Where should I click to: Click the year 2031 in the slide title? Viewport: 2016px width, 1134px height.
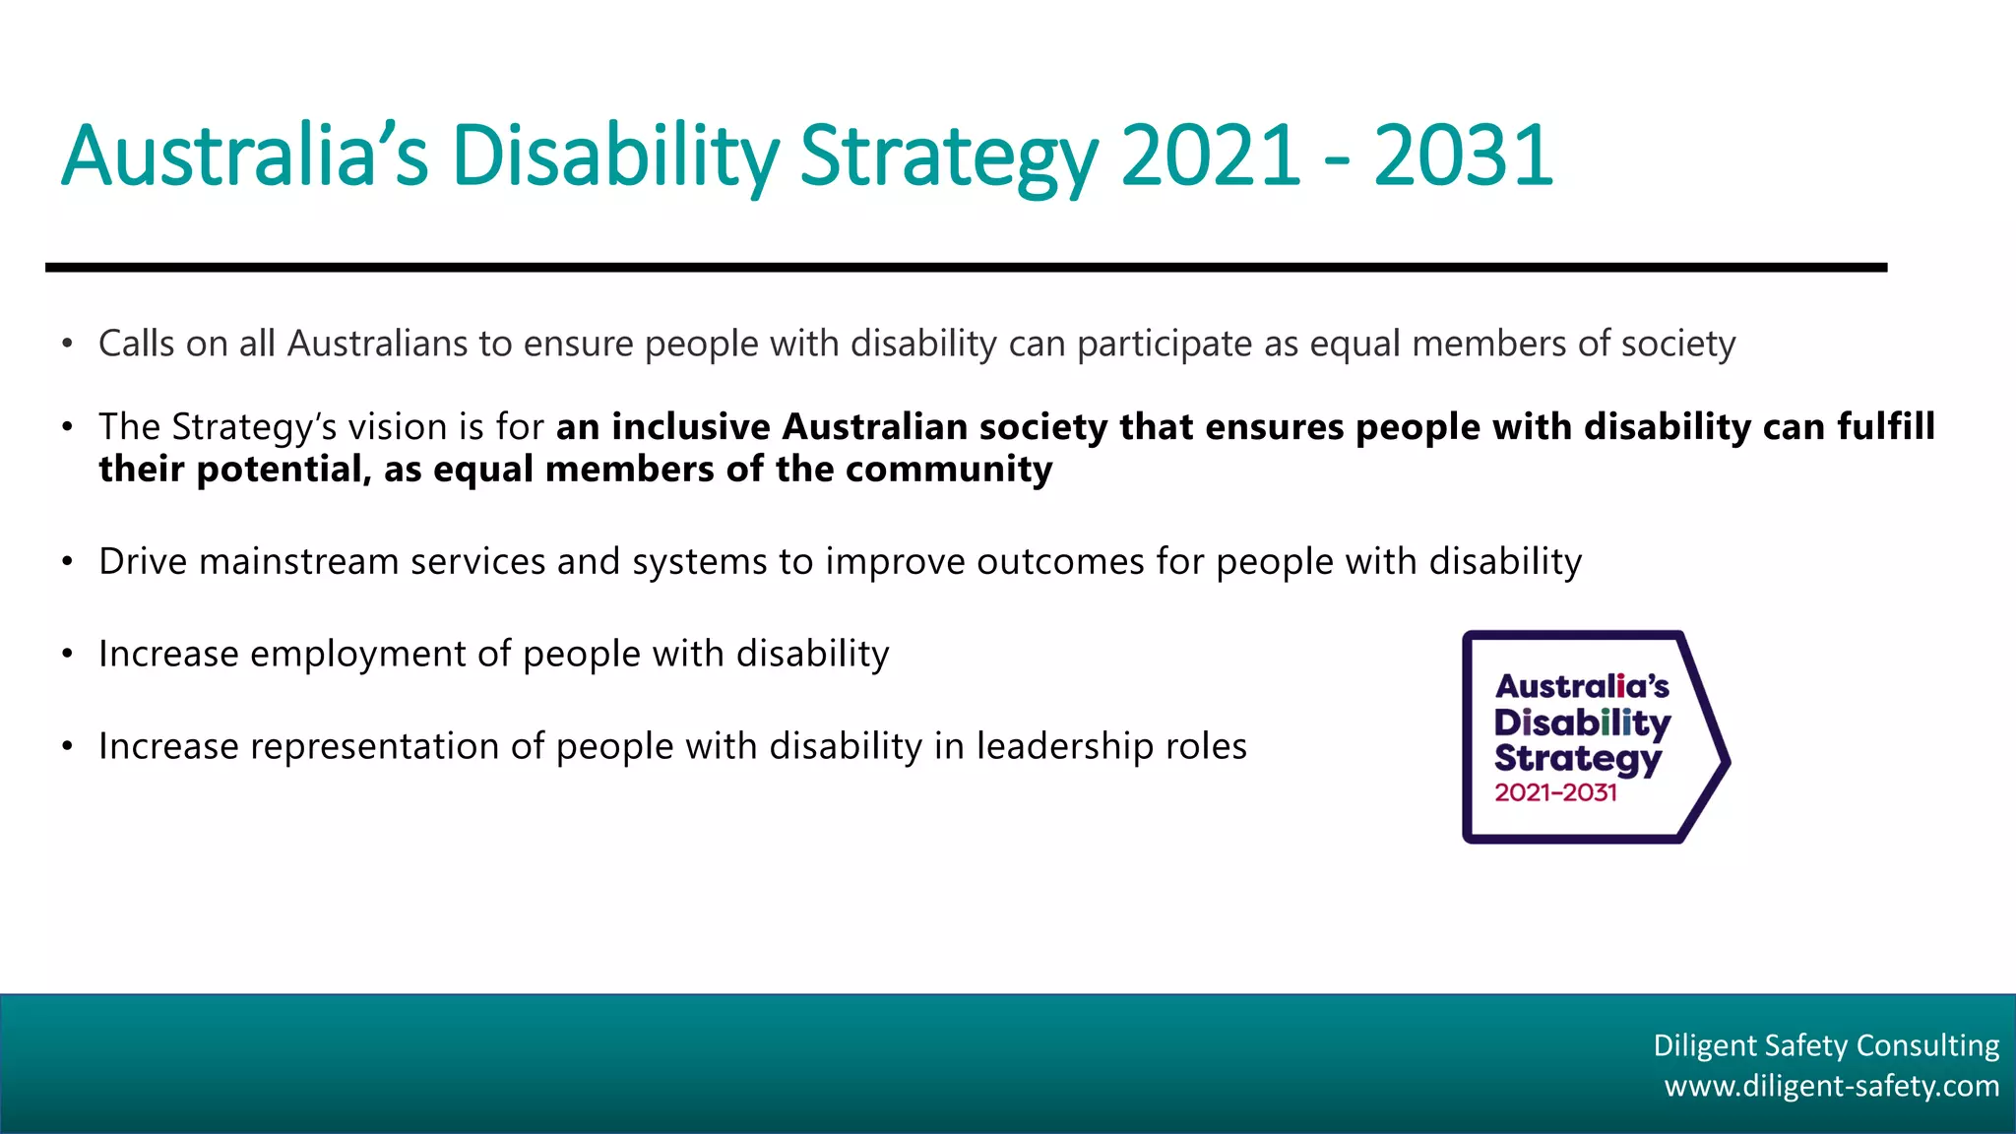(1463, 156)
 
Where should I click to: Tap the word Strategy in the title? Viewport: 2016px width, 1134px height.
(948, 157)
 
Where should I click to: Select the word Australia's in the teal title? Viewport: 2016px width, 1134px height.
(245, 156)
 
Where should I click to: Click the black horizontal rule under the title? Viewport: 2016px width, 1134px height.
(965, 267)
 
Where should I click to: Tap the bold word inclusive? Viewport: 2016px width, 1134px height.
(691, 427)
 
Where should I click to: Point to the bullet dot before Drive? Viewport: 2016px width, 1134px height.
(67, 562)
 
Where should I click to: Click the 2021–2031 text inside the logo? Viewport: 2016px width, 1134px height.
(1555, 792)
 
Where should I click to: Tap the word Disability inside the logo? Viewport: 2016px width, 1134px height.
(1582, 724)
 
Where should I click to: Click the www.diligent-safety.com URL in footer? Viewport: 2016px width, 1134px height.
(1831, 1086)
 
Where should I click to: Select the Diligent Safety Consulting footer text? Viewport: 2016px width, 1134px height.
(1826, 1044)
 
